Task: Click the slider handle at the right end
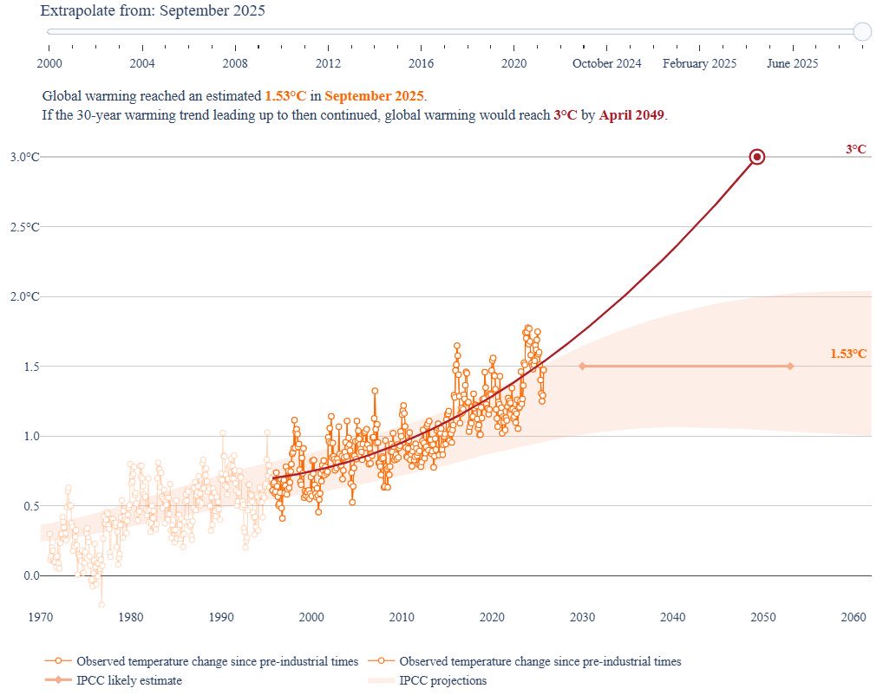(x=862, y=31)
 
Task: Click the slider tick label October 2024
(x=606, y=63)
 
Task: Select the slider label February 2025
(x=699, y=63)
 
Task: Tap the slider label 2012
(x=328, y=63)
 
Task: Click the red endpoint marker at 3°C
(x=756, y=157)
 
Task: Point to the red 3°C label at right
(x=856, y=149)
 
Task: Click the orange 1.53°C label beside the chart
(x=848, y=354)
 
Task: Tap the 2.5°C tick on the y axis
(x=25, y=227)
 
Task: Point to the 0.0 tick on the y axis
(x=31, y=575)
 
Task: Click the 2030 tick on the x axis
(x=582, y=617)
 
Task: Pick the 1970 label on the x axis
(x=41, y=617)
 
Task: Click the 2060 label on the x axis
(x=854, y=617)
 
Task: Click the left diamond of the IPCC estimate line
(x=582, y=366)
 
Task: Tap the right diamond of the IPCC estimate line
(x=790, y=366)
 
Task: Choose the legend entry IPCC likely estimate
(x=129, y=680)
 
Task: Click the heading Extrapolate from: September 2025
(x=153, y=11)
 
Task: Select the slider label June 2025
(x=792, y=63)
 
